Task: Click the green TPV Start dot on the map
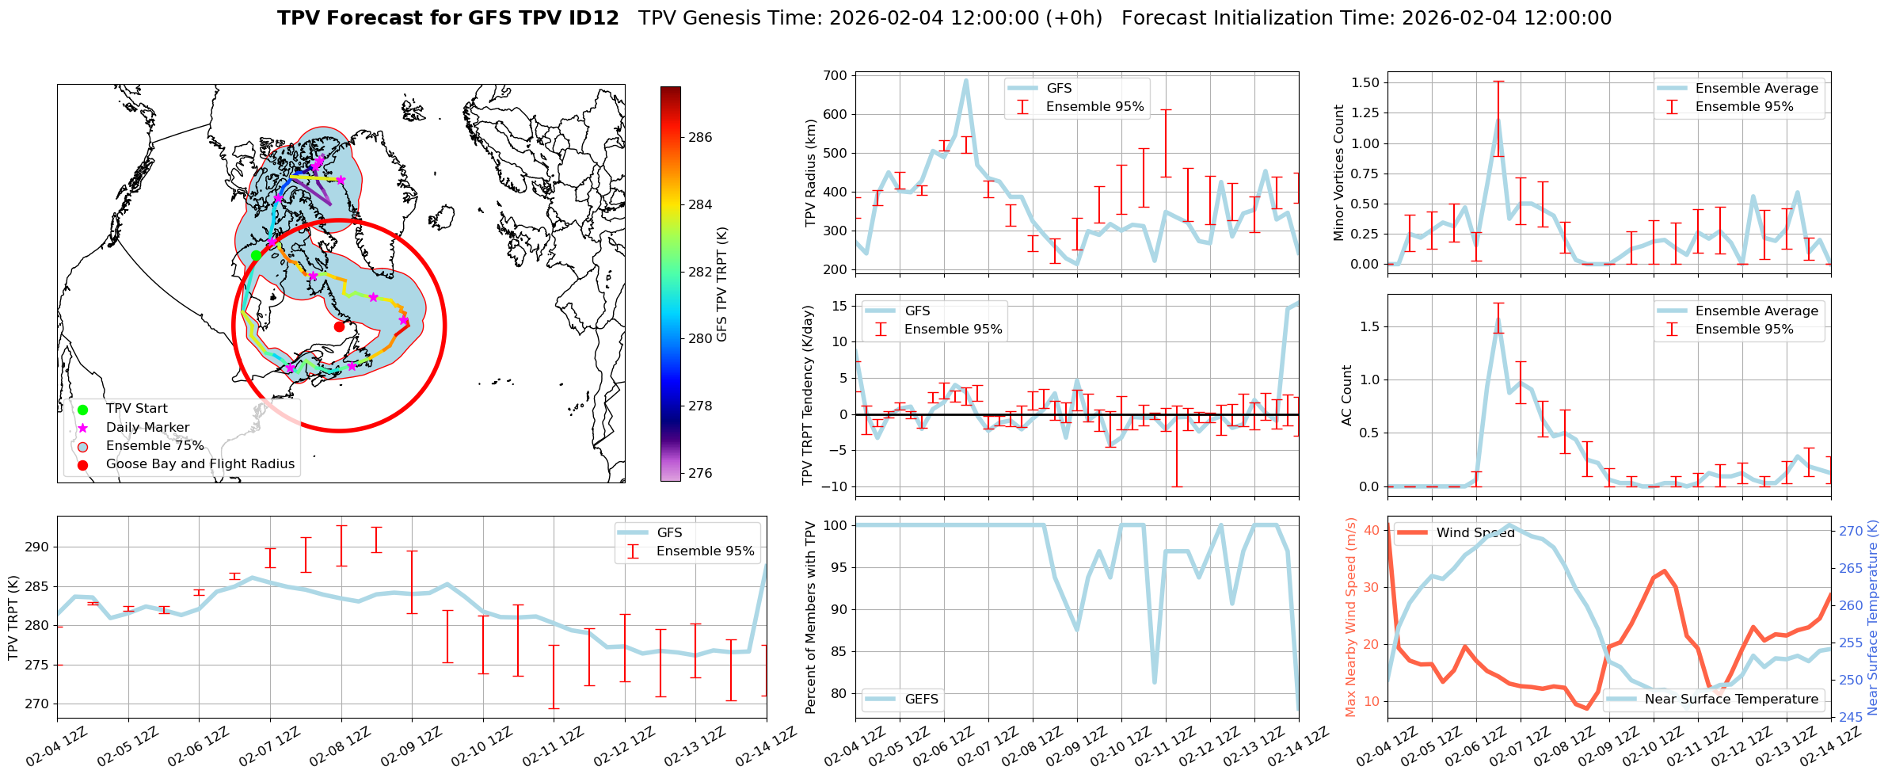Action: click(x=256, y=255)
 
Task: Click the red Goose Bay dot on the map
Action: click(x=339, y=326)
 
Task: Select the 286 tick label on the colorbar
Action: click(x=700, y=137)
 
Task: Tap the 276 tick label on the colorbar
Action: click(x=700, y=473)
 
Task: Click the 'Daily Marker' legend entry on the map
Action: click(x=147, y=427)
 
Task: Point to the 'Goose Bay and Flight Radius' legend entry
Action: click(x=200, y=463)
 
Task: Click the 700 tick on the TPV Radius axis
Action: click(x=837, y=76)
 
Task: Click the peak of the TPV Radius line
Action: click(x=966, y=80)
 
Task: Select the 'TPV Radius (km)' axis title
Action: click(x=810, y=173)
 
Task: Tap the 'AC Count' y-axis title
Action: click(x=1346, y=395)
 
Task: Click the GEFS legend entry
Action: click(x=921, y=699)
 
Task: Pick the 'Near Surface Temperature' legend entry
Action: click(x=1731, y=699)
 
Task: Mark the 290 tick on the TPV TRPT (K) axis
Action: click(x=39, y=547)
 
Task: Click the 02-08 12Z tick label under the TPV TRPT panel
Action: click(x=341, y=747)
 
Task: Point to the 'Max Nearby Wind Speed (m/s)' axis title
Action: click(x=1350, y=617)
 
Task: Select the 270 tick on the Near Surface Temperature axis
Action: click(x=1851, y=531)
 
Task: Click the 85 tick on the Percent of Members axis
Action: click(x=837, y=651)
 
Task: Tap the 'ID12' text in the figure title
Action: click(x=592, y=18)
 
